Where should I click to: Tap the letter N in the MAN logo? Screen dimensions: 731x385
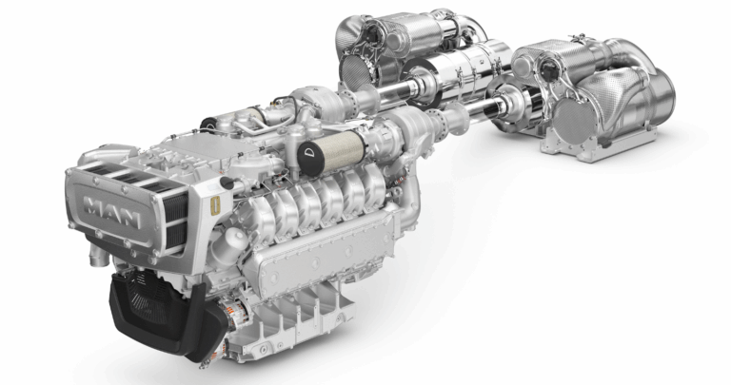coord(129,219)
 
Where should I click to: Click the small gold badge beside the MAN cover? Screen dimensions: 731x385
coord(215,205)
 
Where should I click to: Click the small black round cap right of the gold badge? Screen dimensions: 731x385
coord(227,183)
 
